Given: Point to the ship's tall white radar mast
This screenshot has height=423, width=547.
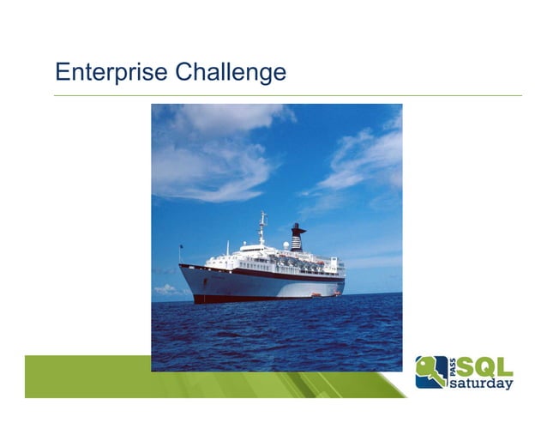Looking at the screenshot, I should pos(262,227).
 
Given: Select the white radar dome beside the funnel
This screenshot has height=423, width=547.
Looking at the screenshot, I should pos(286,245).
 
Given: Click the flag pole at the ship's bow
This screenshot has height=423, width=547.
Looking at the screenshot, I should pos(181,255).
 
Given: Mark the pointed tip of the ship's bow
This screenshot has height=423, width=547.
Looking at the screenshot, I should pos(180,267).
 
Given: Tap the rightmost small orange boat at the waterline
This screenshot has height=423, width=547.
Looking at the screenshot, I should pos(336,293).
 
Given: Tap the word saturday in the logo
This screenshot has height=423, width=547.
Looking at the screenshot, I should pos(482,383).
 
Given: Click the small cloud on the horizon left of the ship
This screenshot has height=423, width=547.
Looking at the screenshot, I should pos(166,290).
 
